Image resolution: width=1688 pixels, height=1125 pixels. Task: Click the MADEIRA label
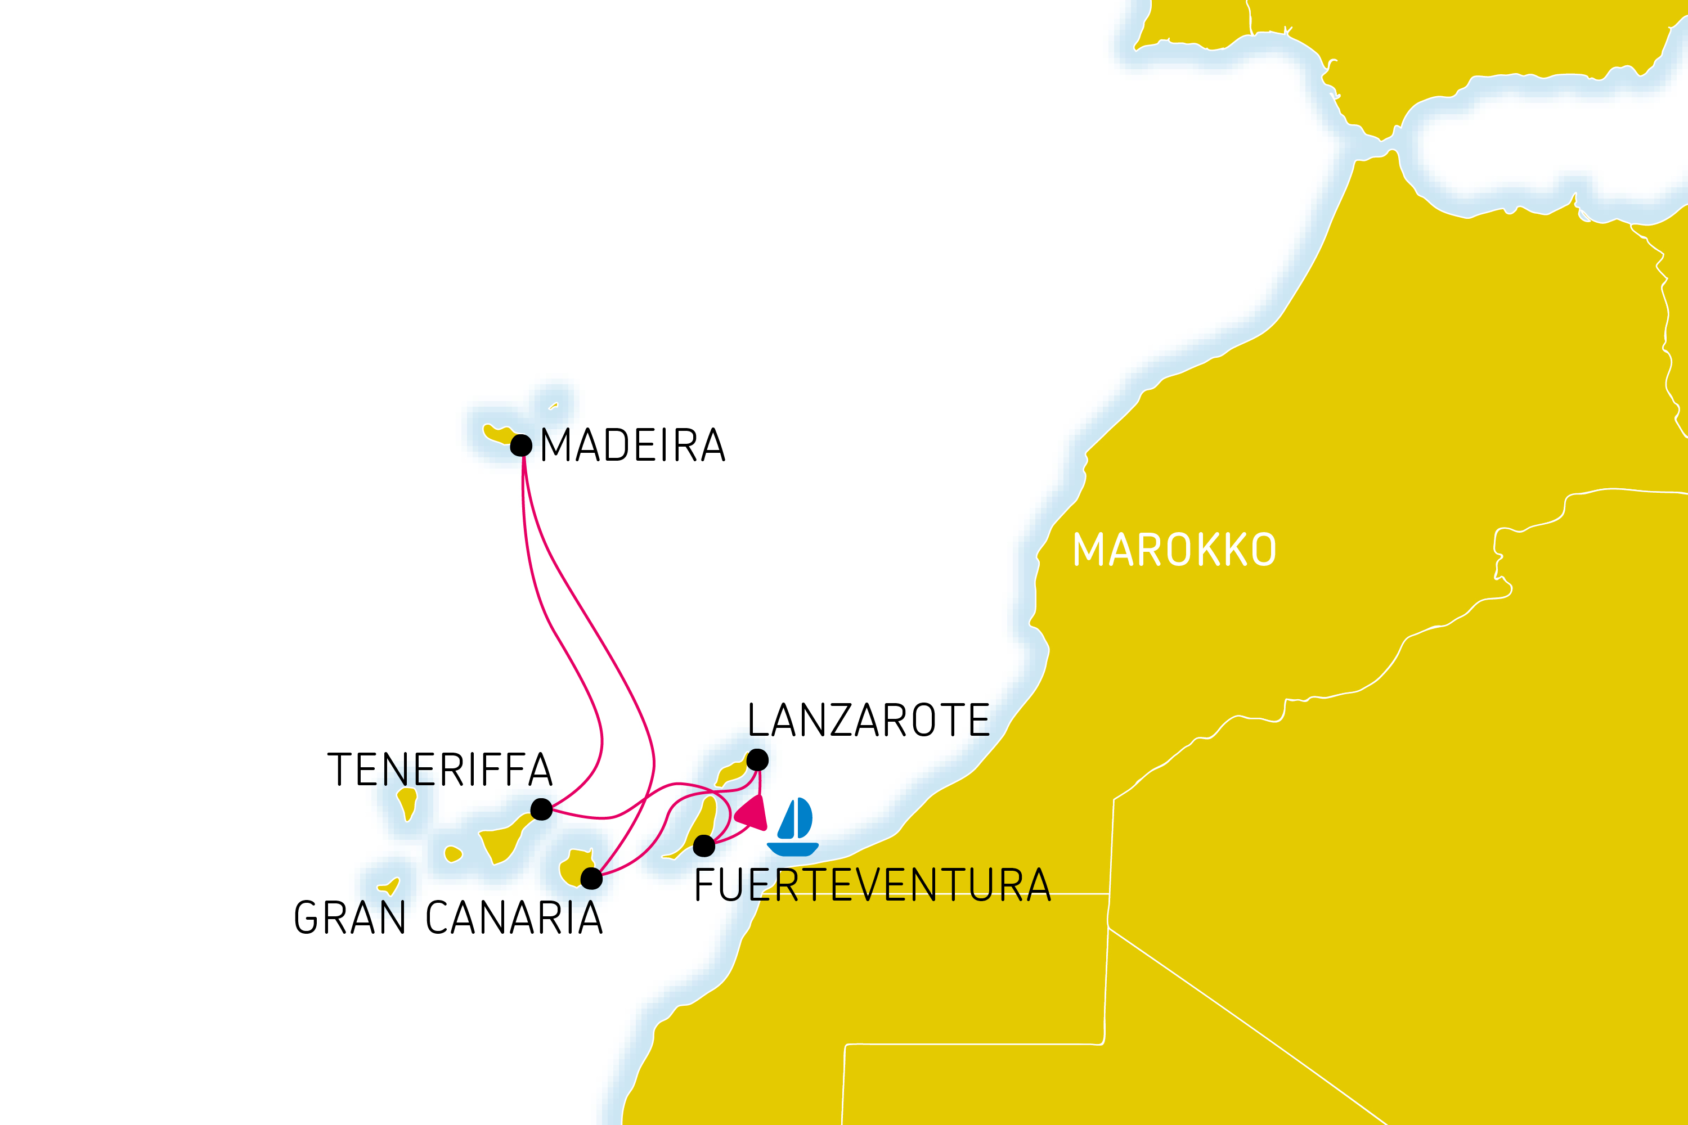(632, 445)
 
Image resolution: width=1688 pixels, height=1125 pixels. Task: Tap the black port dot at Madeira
(521, 445)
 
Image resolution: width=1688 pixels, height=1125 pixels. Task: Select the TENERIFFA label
(439, 770)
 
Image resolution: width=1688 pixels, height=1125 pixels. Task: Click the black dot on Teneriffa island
(541, 809)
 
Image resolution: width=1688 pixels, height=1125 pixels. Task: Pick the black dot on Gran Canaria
(591, 878)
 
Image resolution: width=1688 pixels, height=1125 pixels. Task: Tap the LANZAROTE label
(868, 721)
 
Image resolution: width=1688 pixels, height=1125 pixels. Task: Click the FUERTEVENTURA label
(873, 885)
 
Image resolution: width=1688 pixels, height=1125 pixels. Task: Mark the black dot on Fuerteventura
(704, 846)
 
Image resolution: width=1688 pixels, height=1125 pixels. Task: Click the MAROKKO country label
(1174, 550)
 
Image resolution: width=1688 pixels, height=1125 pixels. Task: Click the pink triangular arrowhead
(753, 814)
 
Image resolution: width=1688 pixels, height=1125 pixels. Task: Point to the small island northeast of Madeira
(553, 407)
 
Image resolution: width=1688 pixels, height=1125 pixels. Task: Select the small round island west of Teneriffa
(452, 854)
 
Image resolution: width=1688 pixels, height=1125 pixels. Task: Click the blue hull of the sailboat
(792, 849)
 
